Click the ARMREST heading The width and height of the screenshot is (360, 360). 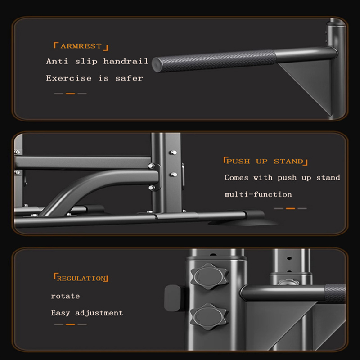click(x=81, y=46)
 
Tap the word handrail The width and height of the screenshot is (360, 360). click(x=126, y=61)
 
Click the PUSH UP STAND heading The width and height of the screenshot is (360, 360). click(x=265, y=161)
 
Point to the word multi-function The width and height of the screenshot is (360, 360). click(x=258, y=194)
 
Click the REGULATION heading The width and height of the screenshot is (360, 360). click(x=81, y=279)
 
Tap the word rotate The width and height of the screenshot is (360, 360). click(x=65, y=296)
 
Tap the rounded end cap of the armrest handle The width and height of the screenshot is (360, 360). click(x=157, y=63)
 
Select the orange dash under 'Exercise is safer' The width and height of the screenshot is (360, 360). click(x=70, y=94)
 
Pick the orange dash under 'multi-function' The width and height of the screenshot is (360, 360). click(x=290, y=208)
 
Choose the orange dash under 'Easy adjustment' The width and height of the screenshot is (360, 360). click(x=70, y=324)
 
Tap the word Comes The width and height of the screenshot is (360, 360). click(x=236, y=178)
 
